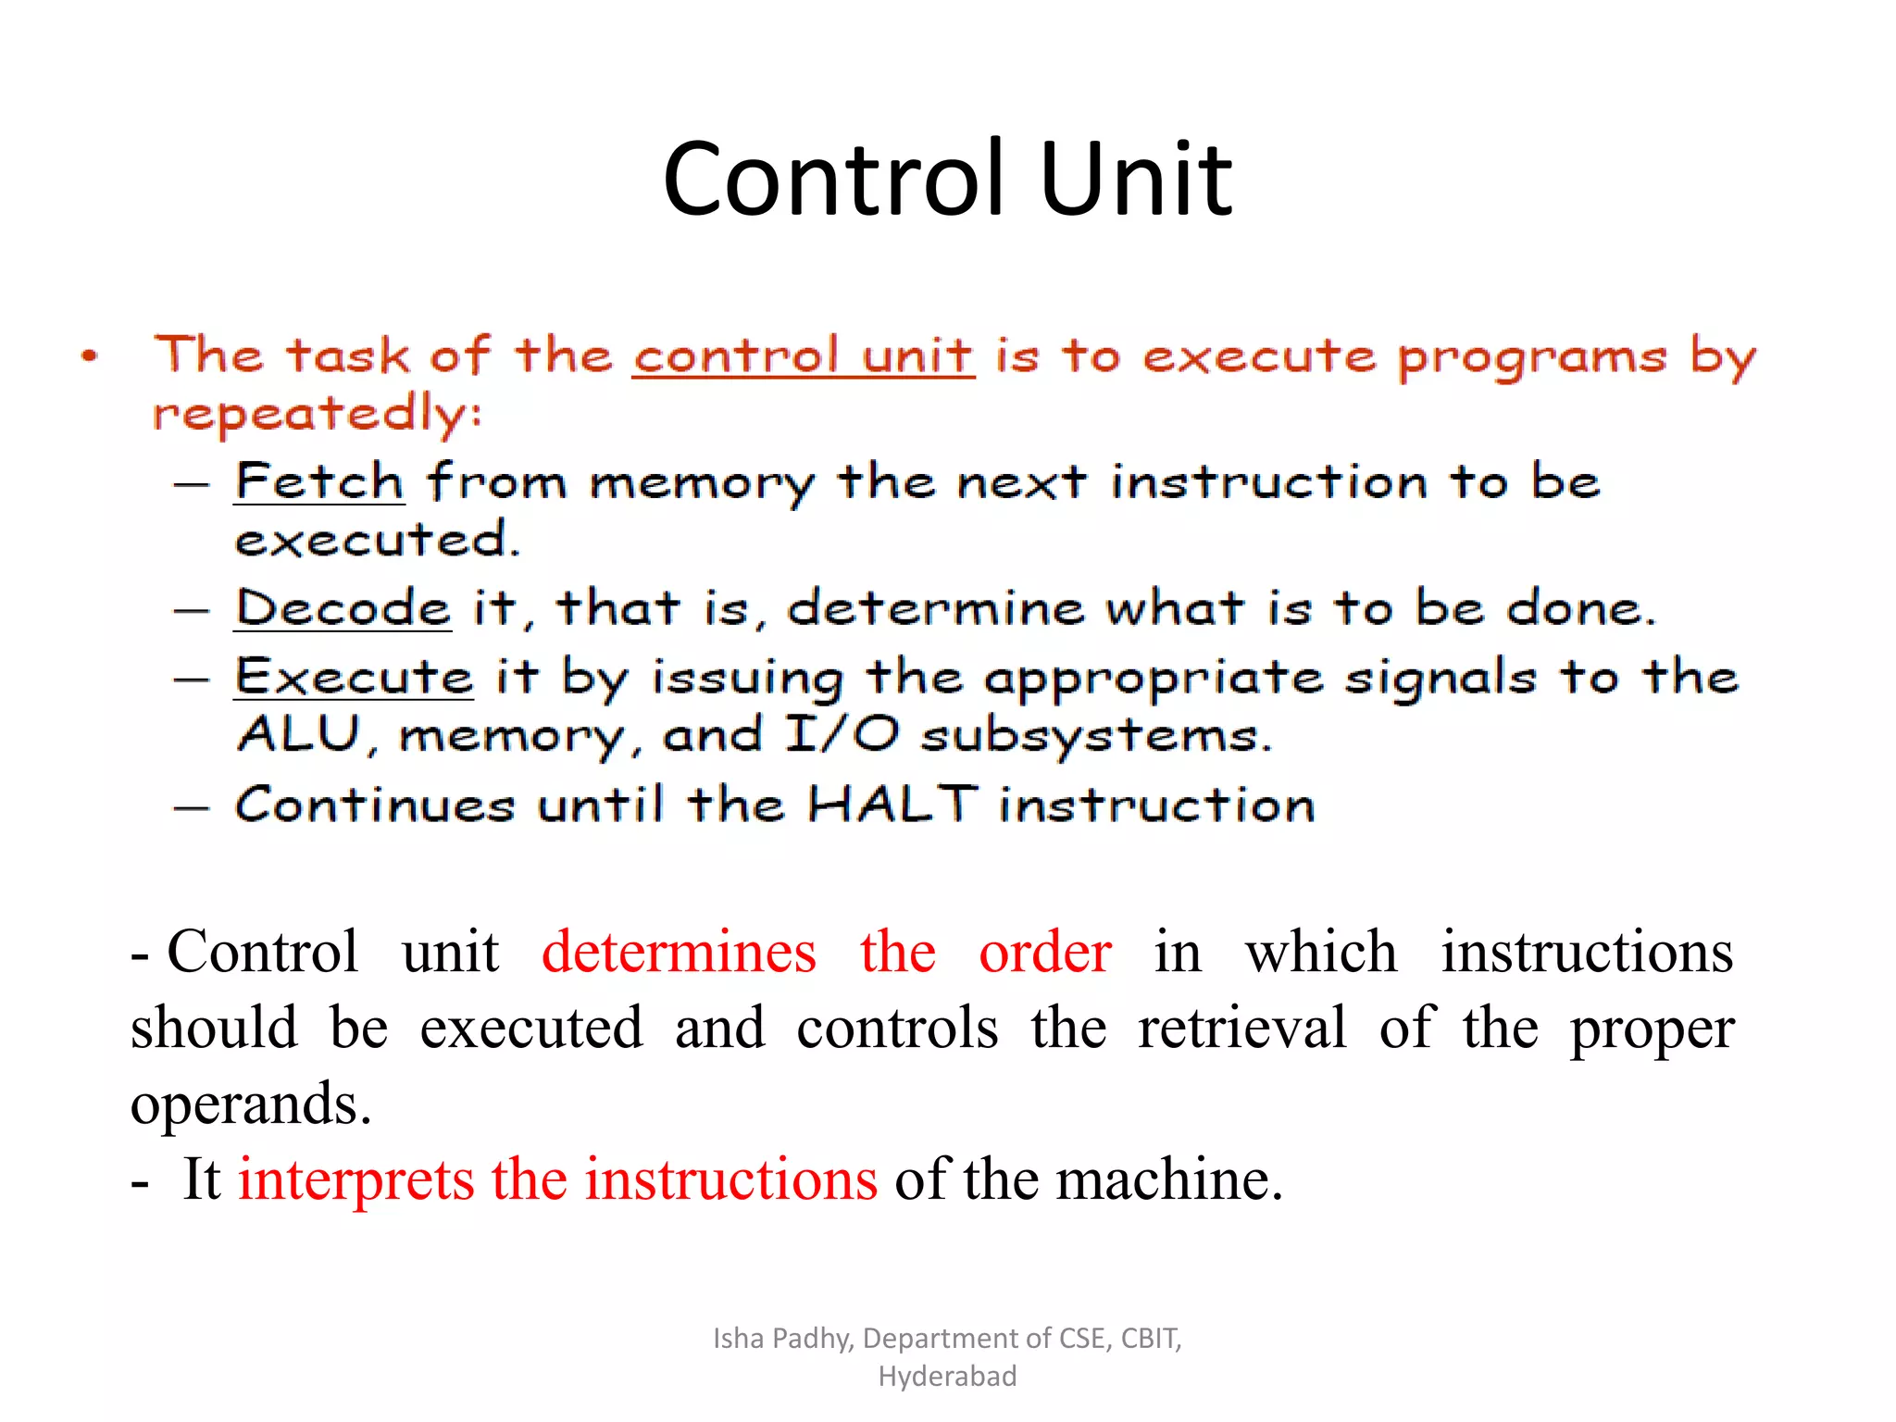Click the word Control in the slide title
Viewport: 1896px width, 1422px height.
point(833,178)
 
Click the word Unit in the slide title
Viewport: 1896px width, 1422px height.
point(1136,178)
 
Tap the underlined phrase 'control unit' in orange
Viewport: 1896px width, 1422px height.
point(803,356)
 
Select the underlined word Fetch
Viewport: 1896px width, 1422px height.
point(318,481)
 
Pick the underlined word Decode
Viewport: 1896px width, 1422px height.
point(343,608)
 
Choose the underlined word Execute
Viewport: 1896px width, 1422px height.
point(354,677)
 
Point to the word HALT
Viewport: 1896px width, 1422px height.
point(892,804)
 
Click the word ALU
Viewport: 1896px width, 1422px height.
point(298,735)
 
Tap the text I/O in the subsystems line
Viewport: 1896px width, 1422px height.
point(842,735)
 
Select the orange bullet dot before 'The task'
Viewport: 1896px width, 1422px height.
point(89,356)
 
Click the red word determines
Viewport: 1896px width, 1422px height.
point(679,952)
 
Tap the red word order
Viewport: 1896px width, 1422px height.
point(1045,952)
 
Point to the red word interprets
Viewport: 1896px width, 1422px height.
point(356,1179)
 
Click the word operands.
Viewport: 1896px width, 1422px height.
point(250,1104)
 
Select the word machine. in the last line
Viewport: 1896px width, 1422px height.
point(1169,1179)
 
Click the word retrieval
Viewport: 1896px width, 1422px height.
point(1242,1028)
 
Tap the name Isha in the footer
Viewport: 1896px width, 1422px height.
point(738,1339)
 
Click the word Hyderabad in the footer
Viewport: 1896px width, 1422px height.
point(947,1377)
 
